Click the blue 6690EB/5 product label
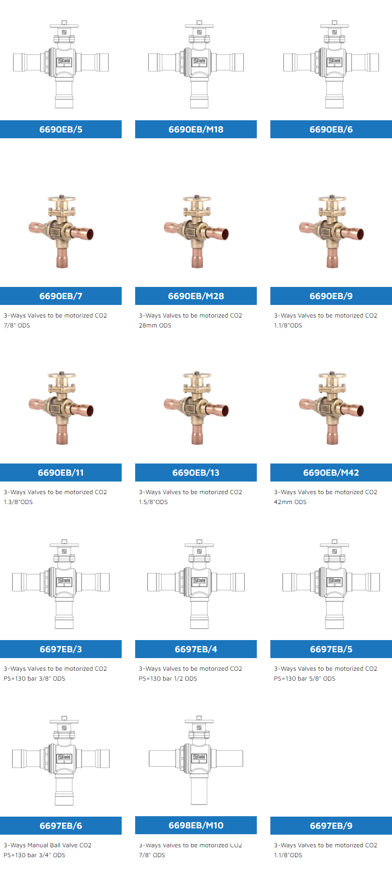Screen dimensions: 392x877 [61, 129]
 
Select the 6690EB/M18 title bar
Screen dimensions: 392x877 [196, 129]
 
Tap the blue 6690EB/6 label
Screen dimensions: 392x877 [331, 129]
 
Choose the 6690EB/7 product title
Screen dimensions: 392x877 [61, 296]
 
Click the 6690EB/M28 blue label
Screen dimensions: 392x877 [196, 296]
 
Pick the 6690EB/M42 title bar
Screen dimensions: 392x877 [331, 473]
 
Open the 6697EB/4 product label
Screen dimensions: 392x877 [196, 649]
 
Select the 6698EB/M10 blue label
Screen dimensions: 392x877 [196, 825]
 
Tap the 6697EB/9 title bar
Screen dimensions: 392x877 [331, 826]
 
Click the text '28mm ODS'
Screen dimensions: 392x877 [155, 325]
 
